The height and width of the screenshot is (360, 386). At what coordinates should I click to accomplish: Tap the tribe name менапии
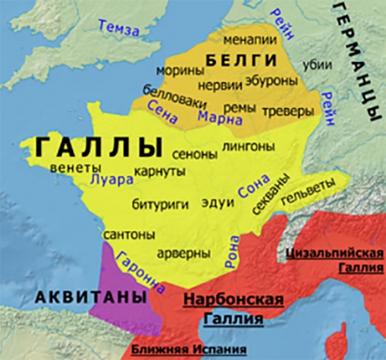[250, 40]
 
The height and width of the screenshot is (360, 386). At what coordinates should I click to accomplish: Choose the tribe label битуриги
[160, 205]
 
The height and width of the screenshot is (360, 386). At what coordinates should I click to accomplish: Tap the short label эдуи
[218, 202]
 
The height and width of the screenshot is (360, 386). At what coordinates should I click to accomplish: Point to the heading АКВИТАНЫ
[91, 296]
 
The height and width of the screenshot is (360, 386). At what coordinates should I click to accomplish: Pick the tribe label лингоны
[249, 146]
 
